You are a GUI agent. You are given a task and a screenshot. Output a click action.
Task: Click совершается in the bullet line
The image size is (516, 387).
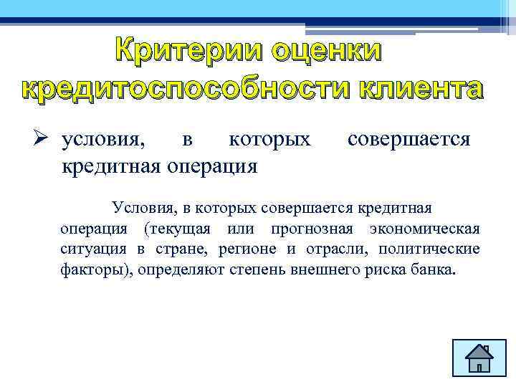click(408, 138)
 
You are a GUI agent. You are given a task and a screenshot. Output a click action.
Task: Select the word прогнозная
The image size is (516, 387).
click(312, 229)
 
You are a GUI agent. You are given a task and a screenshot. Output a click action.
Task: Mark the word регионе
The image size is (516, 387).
click(245, 249)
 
